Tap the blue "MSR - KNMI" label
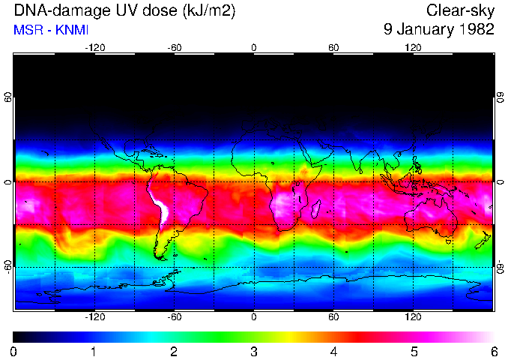pyautogui.click(x=46, y=31)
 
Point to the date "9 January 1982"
pyautogui.click(x=438, y=31)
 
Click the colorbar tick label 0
pyautogui.click(x=13, y=351)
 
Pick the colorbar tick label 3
pyautogui.click(x=253, y=351)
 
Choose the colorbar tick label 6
pyautogui.click(x=493, y=351)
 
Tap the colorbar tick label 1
pyautogui.click(x=94, y=351)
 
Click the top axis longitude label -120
pyautogui.click(x=94, y=48)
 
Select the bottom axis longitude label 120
pyautogui.click(x=413, y=317)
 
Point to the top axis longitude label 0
pyautogui.click(x=254, y=48)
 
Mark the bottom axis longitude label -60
pyautogui.click(x=175, y=317)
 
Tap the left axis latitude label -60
pyautogui.click(x=8, y=266)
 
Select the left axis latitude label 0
pyautogui.click(x=8, y=182)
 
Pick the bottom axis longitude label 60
pyautogui.click(x=333, y=317)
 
